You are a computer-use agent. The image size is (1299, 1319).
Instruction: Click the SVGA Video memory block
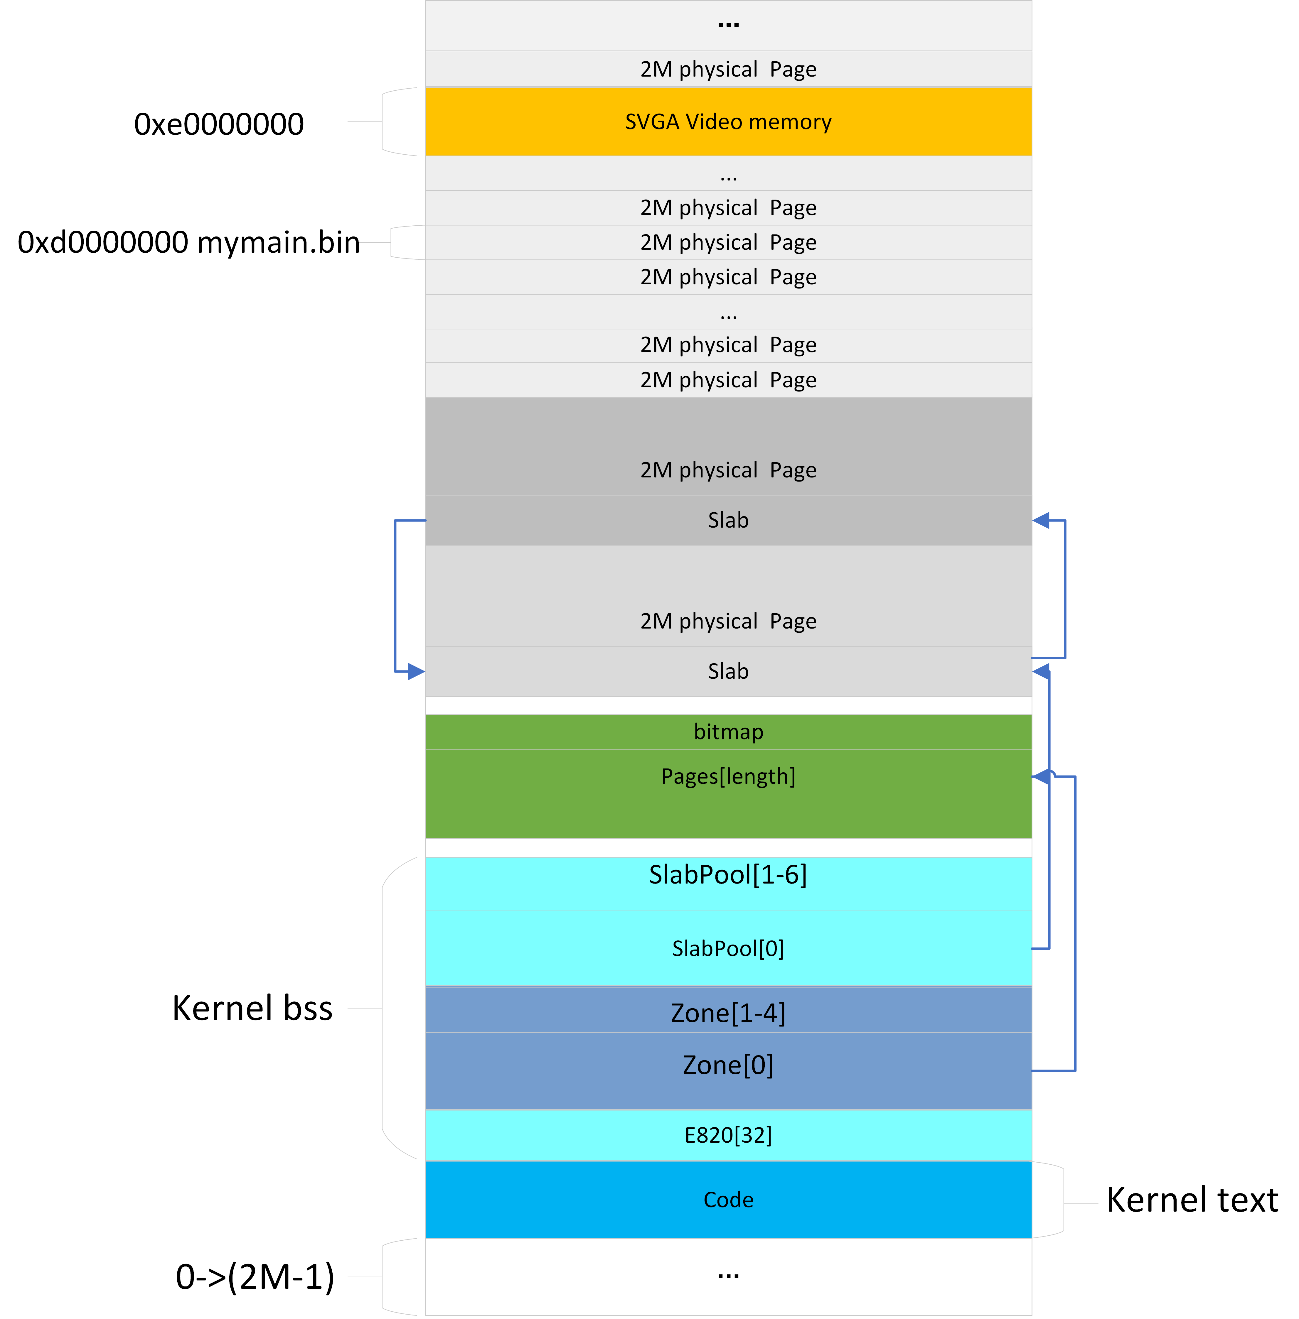tap(728, 121)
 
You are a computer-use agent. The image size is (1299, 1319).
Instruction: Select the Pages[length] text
tap(728, 776)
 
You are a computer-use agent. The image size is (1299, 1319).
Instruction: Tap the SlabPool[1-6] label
tap(728, 874)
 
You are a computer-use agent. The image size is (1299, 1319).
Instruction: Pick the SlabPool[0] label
tap(728, 948)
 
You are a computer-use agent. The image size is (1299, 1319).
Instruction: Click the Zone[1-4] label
tap(728, 1013)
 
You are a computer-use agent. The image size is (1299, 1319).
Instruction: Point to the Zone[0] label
tap(728, 1065)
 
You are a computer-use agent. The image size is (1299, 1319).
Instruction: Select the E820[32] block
tap(728, 1135)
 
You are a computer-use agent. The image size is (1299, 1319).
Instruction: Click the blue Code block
tap(728, 1200)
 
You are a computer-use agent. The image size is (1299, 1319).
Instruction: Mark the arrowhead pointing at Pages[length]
tap(1041, 776)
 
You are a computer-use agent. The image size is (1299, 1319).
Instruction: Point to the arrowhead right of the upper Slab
tap(1041, 520)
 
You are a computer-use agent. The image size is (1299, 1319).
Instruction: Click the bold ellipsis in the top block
tap(728, 25)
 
